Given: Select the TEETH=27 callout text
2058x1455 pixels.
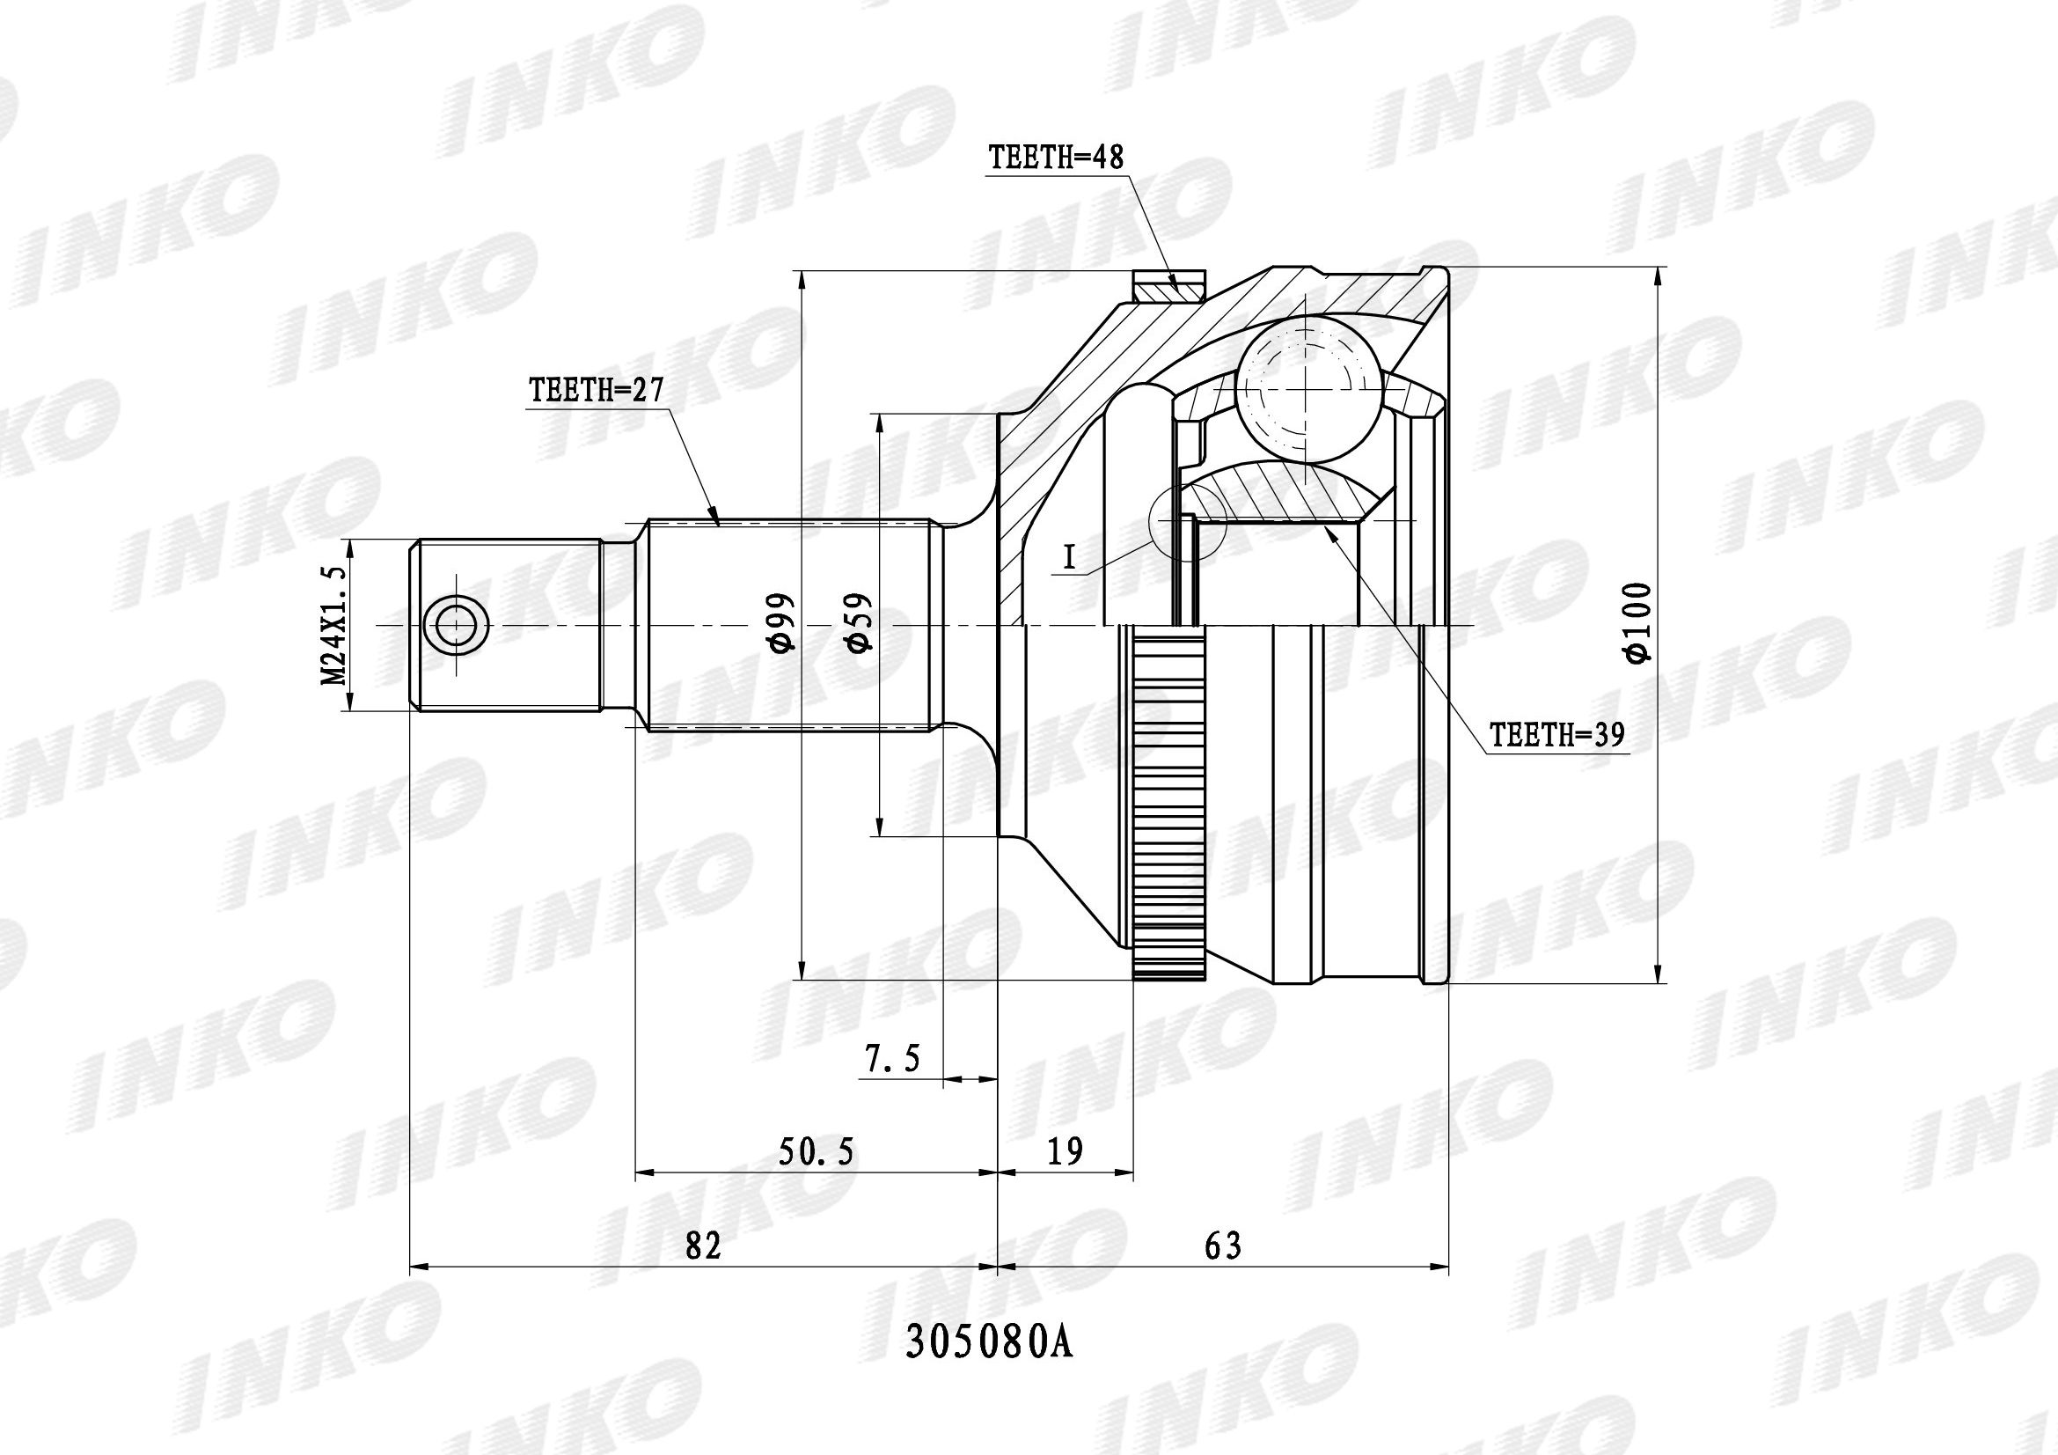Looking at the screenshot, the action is (595, 391).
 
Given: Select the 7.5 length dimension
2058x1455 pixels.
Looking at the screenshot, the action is (894, 1059).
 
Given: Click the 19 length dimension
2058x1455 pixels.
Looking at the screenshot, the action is (1065, 1150).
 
